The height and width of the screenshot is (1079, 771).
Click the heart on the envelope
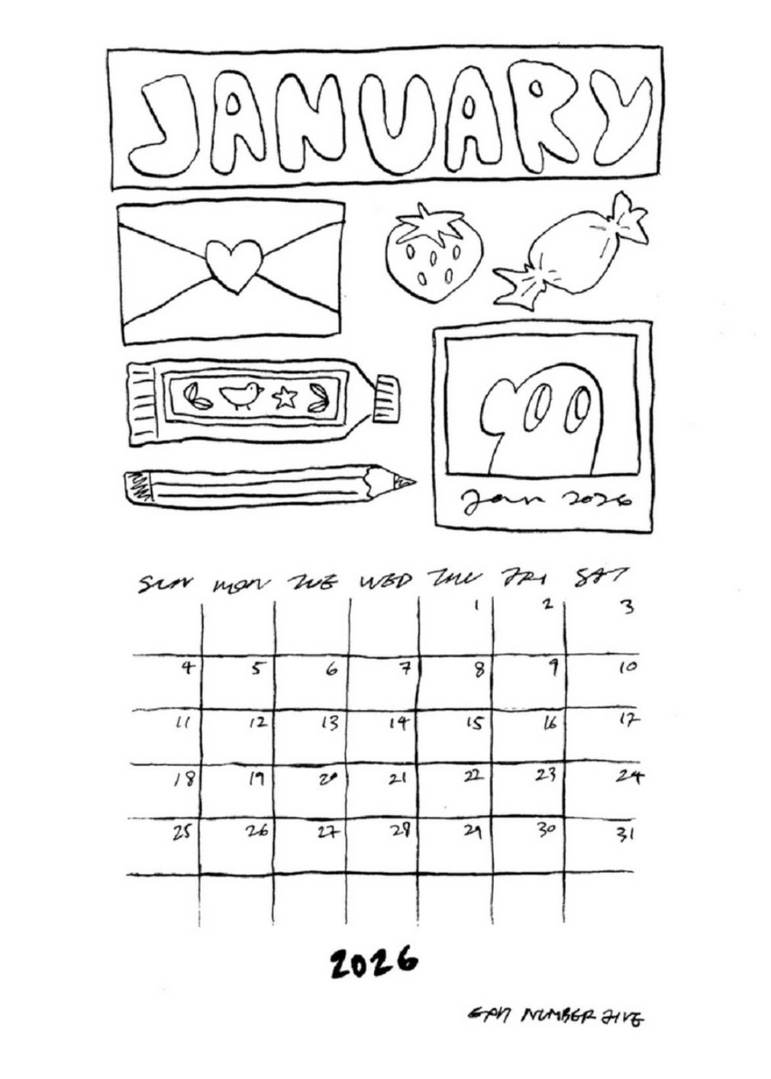pyautogui.click(x=235, y=265)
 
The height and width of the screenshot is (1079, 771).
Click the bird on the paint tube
pyautogui.click(x=241, y=395)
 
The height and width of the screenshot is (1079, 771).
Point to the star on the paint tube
pyautogui.click(x=285, y=397)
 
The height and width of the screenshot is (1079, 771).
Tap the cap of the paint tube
pyautogui.click(x=386, y=397)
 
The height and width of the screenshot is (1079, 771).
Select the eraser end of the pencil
pyautogui.click(x=137, y=488)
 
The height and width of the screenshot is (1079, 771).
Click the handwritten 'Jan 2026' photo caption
pyautogui.click(x=545, y=500)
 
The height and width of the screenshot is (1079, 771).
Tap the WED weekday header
pyautogui.click(x=385, y=583)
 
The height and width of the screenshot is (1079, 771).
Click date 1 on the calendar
pyautogui.click(x=476, y=607)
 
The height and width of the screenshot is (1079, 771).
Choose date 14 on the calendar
pyautogui.click(x=397, y=723)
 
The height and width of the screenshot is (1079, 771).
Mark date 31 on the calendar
pyautogui.click(x=625, y=834)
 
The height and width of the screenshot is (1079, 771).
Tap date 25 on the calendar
pyautogui.click(x=180, y=833)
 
